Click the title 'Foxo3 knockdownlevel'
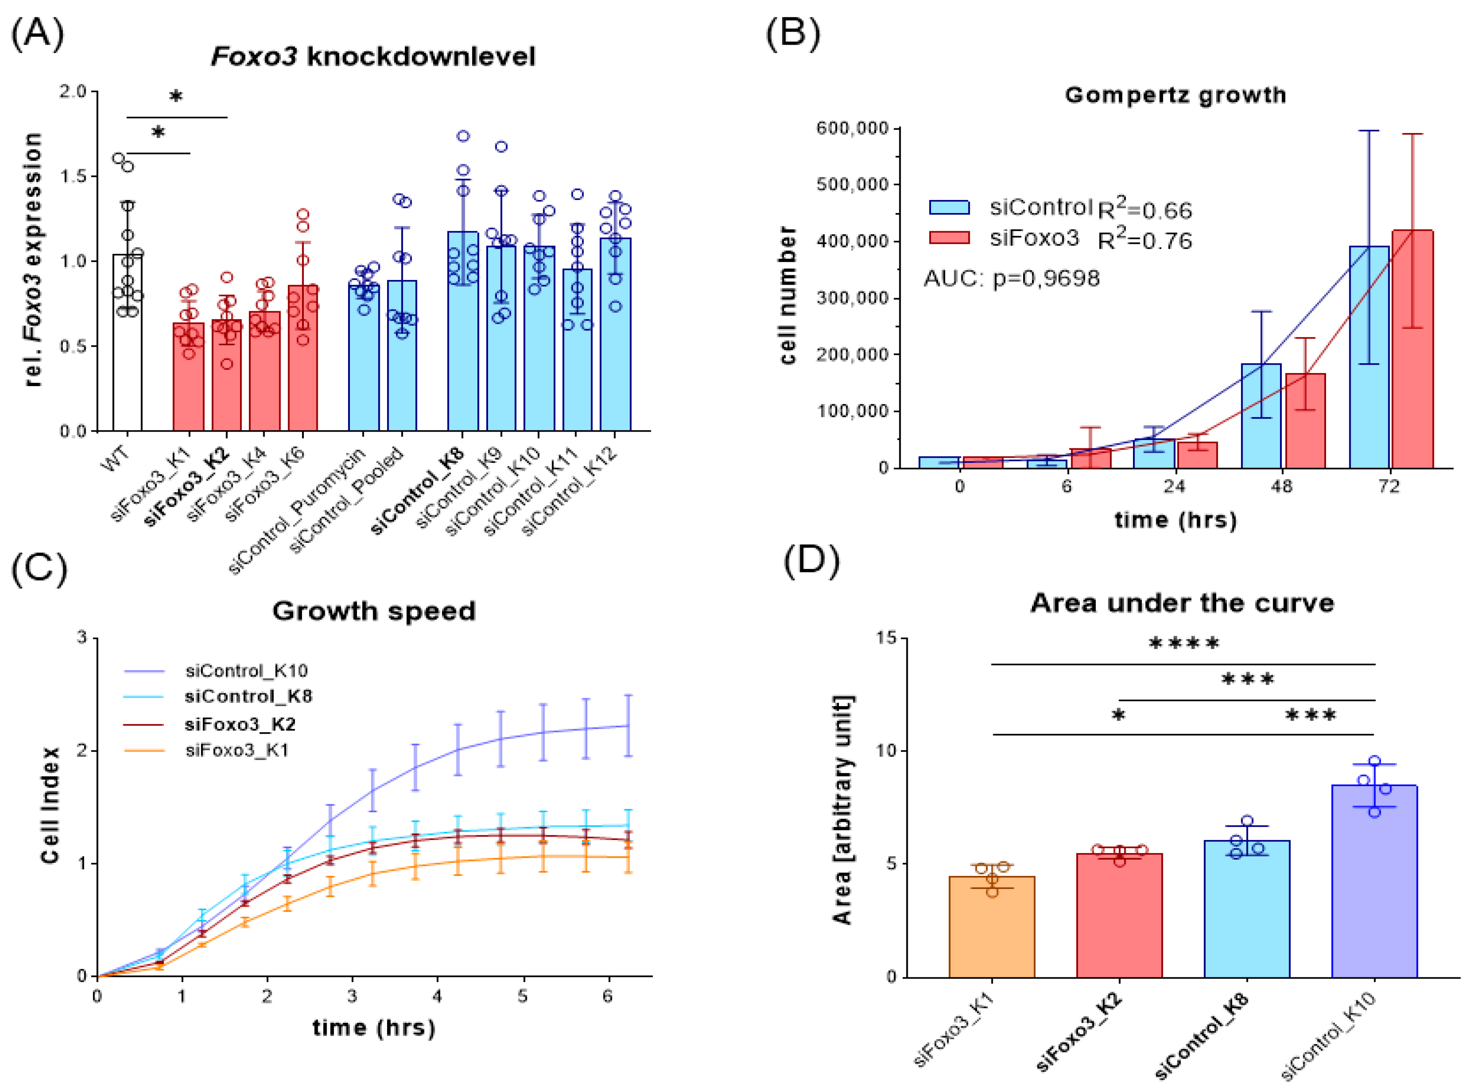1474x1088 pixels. coord(373,57)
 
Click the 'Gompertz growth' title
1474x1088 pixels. coord(1175,95)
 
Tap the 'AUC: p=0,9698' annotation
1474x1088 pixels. coord(1012,279)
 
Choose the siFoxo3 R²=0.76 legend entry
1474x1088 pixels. coord(1060,239)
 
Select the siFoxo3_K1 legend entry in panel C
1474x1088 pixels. coord(236,750)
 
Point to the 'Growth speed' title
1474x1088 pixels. coord(374,611)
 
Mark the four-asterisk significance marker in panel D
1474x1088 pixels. coord(1184,643)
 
